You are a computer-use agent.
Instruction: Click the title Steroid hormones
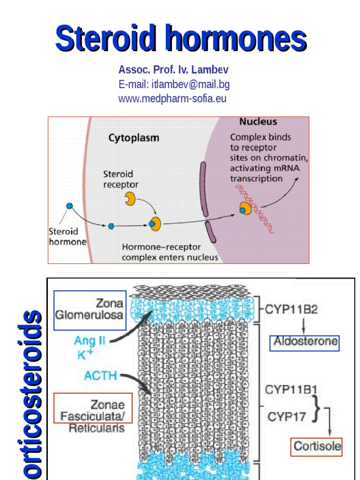181,39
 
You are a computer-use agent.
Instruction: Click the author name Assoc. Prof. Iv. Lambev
173,70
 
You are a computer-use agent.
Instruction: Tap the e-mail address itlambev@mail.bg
174,84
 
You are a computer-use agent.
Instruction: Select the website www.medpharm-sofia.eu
172,98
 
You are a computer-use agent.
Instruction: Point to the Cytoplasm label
134,138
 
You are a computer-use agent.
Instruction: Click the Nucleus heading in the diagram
258,122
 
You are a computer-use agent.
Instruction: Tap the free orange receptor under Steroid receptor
130,199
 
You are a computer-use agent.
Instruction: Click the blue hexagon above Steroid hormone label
69,205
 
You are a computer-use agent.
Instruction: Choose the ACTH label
100,375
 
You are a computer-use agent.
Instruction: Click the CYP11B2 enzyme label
291,309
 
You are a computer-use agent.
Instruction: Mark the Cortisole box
316,446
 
